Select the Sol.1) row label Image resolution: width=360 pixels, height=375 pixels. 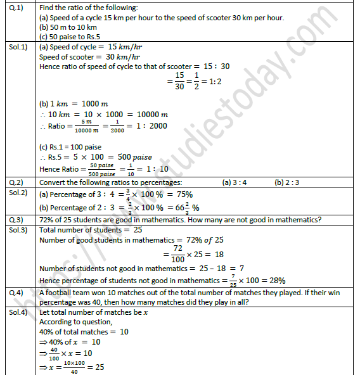click(18, 47)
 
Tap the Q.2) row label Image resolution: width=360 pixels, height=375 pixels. click(15, 182)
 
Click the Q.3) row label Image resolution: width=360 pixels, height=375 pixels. click(15, 220)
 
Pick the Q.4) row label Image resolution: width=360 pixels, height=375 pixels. click(15, 293)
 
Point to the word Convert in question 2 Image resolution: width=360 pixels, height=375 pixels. click(55, 182)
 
